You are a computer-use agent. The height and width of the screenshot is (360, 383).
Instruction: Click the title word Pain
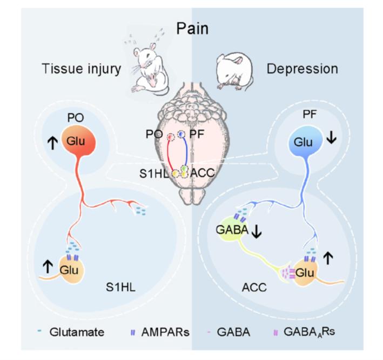[x=192, y=27]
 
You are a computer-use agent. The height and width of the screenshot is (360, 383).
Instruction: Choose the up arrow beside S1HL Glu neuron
[x=48, y=266]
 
